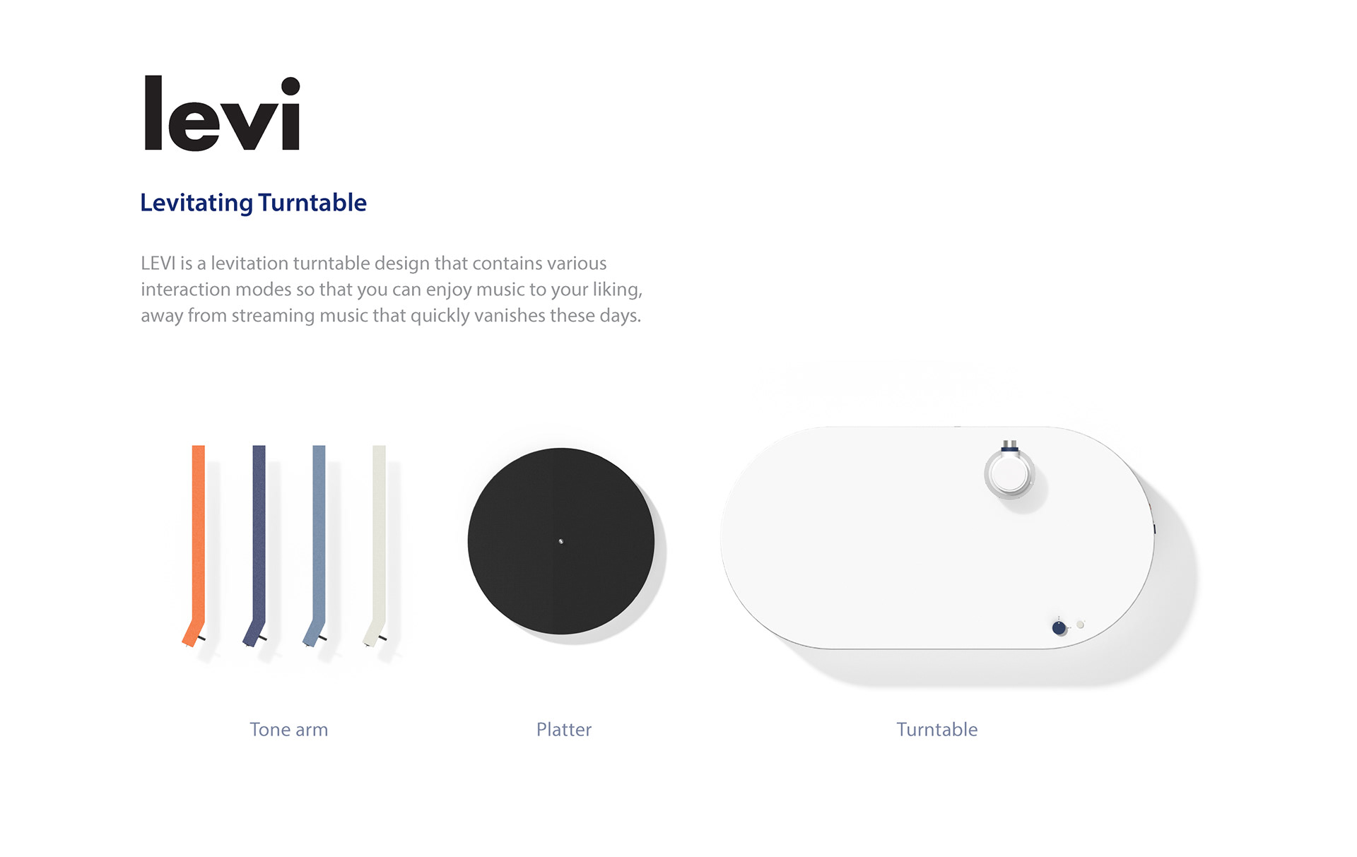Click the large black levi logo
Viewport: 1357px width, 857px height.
(222, 114)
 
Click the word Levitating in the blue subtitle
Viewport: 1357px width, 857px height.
(196, 203)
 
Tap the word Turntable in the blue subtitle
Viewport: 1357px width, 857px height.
(312, 203)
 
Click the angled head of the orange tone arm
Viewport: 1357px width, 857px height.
(192, 634)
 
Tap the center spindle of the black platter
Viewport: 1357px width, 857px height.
(561, 542)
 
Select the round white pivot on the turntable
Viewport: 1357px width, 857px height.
(1009, 474)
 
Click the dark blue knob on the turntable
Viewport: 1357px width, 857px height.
(1059, 627)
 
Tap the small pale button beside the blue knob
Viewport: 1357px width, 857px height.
(1080, 625)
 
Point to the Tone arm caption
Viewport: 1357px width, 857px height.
(288, 730)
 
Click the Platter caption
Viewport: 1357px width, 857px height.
(563, 730)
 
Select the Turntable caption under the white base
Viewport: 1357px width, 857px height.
(936, 730)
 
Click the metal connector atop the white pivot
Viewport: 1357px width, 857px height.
(1010, 446)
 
